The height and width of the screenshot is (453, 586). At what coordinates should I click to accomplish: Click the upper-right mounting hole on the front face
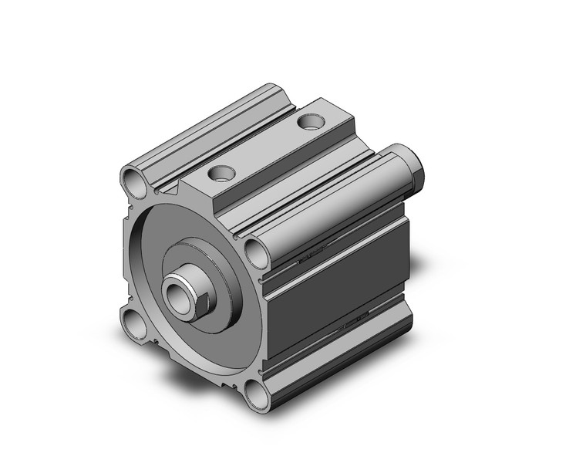[254, 252]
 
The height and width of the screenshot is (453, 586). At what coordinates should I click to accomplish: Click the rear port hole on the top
[311, 122]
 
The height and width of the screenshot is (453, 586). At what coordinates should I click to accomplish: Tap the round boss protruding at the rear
[413, 164]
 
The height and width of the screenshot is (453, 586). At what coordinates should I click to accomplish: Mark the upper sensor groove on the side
[332, 245]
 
